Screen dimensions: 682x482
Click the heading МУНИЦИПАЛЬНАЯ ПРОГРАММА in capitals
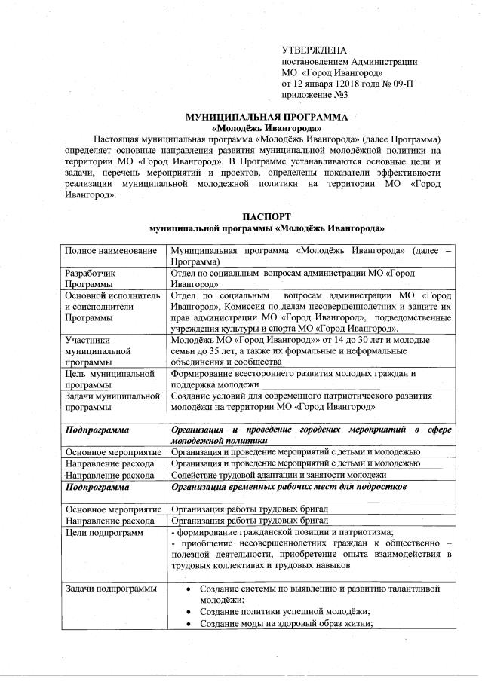(267, 118)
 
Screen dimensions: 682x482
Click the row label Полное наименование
(111, 249)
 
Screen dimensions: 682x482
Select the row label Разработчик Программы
(94, 279)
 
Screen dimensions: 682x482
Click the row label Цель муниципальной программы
(110, 379)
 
